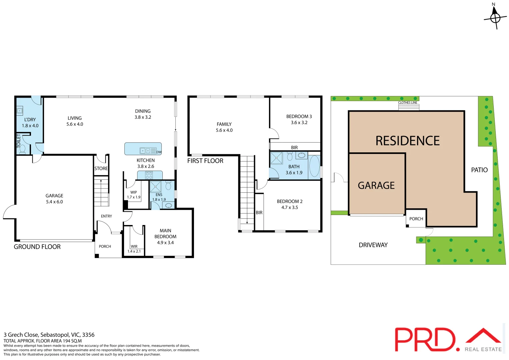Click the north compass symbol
pos(495,17)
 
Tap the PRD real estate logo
pos(448,339)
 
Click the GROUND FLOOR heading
pos(37,247)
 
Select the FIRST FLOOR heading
pos(205,161)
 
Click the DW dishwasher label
pos(159,152)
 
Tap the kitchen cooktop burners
pos(149,175)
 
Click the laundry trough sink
pos(20,111)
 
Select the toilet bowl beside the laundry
pos(22,148)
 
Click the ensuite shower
pos(155,187)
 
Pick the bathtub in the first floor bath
pos(314,166)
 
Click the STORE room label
pos(101,169)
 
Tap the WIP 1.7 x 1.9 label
pos(134,195)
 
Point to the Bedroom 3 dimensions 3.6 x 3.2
pos(299,123)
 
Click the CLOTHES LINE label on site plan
pos(408,103)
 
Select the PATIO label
pos(479,170)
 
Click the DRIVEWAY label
pos(373,245)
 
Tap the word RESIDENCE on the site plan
pos(407,141)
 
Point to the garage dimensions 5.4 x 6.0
pos(54,202)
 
